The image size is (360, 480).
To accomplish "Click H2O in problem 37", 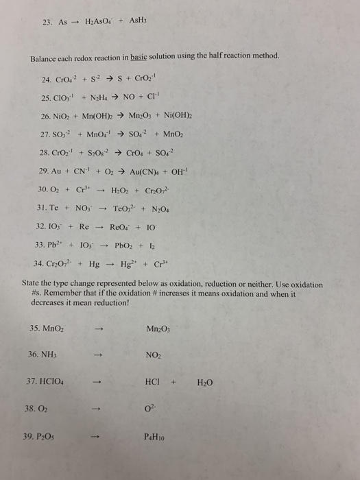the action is click(x=205, y=383).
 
